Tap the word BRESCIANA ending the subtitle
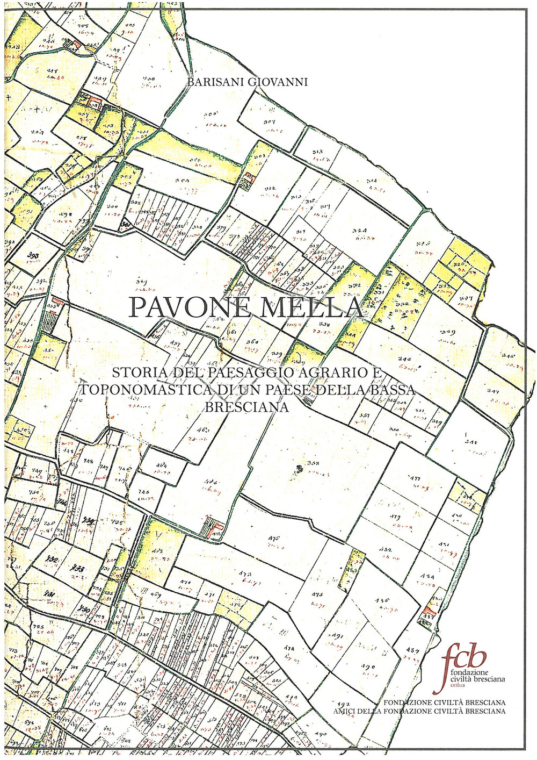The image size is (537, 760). pyautogui.click(x=248, y=407)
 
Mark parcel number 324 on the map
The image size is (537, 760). pyautogui.click(x=360, y=231)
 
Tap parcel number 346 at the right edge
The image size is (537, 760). pyautogui.click(x=507, y=355)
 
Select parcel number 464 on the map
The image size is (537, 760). pyautogui.click(x=162, y=465)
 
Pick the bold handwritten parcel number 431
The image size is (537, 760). pyautogui.click(x=50, y=594)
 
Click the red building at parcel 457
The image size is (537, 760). pyautogui.click(x=429, y=611)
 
